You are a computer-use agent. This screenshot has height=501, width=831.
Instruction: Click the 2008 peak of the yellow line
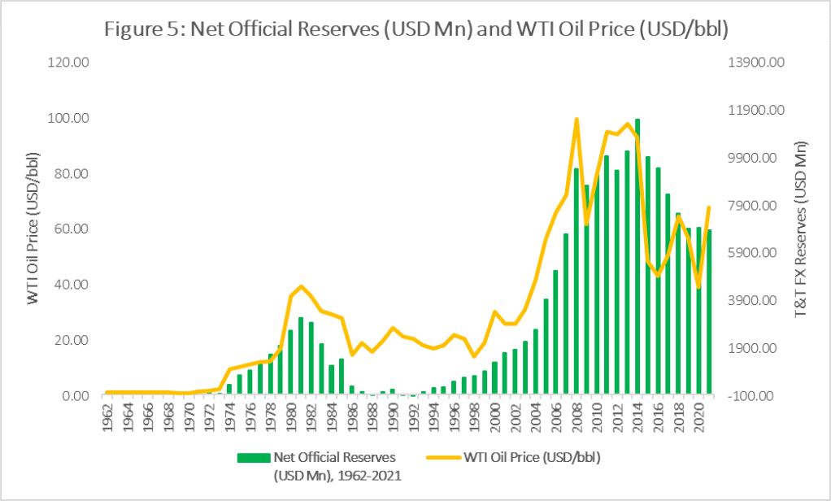576,120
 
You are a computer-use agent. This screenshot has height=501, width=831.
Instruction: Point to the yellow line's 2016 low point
658,276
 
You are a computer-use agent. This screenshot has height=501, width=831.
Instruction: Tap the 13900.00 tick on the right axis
755,63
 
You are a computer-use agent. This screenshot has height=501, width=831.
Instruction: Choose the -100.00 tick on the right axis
758,396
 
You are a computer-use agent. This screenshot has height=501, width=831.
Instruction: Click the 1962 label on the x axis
107,415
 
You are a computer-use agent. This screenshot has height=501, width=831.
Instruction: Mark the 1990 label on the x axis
393,415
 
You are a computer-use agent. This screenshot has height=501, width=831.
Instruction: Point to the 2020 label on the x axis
698,415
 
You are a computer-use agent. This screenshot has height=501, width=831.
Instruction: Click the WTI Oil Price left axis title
33,229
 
